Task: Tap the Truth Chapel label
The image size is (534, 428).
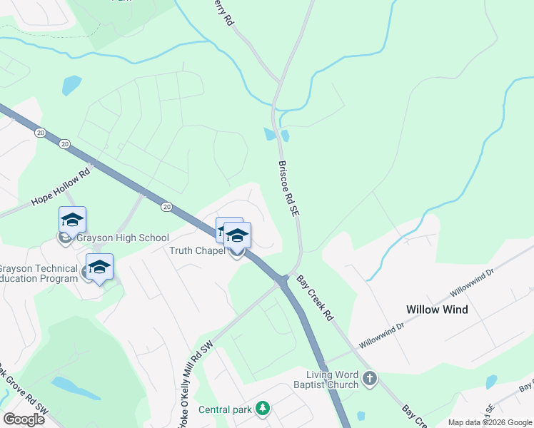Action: pyautogui.click(x=197, y=250)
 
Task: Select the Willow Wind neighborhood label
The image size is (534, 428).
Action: pyautogui.click(x=437, y=310)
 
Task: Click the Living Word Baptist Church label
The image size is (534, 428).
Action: pyautogui.click(x=332, y=380)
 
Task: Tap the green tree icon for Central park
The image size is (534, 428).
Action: pyautogui.click(x=263, y=408)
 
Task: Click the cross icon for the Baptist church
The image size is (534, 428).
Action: pyautogui.click(x=369, y=379)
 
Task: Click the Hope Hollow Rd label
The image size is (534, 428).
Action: pyautogui.click(x=63, y=188)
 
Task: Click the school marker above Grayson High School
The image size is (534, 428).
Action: pyautogui.click(x=72, y=220)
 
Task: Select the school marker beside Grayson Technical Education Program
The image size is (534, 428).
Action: pyautogui.click(x=99, y=267)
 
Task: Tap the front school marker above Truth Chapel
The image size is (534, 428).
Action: pyautogui.click(x=237, y=235)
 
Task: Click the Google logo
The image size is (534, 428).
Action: pyautogui.click(x=24, y=419)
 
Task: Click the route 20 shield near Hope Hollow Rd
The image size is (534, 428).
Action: pyautogui.click(x=40, y=133)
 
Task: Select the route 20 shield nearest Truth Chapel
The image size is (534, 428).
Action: pyautogui.click(x=166, y=207)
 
